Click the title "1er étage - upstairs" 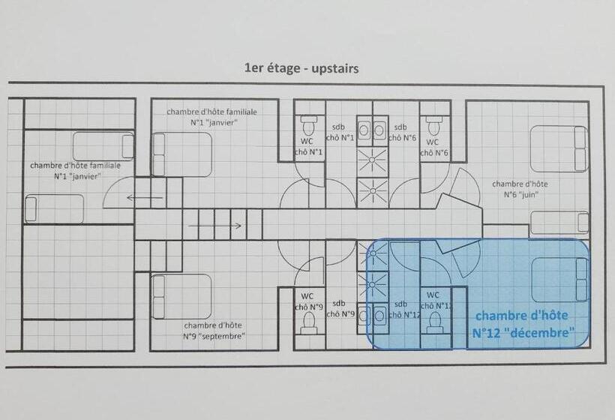(x=301, y=68)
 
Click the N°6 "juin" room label (x=520, y=189)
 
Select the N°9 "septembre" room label (x=214, y=331)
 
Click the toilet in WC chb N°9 (x=308, y=323)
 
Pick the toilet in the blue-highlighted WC (x=433, y=323)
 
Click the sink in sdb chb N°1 (x=364, y=130)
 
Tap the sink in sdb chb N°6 (x=379, y=130)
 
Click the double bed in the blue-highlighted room (x=560, y=279)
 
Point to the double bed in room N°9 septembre (x=181, y=296)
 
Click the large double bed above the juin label (x=559, y=148)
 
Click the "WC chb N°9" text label (x=308, y=301)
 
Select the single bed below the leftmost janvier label (x=54, y=208)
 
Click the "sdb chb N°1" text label (x=339, y=133)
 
